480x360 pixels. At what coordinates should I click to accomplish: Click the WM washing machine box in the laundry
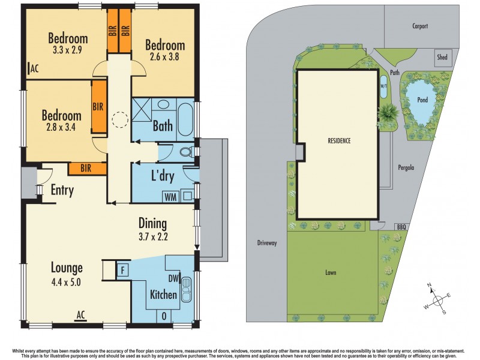[x=171, y=196]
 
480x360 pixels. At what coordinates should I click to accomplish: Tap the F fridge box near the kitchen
[x=123, y=269]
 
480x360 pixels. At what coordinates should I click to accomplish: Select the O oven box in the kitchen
[x=164, y=316]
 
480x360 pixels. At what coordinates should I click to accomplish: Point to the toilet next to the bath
[x=187, y=152]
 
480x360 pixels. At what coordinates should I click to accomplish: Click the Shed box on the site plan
[x=442, y=58]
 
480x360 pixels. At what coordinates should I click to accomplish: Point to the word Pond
[x=422, y=100]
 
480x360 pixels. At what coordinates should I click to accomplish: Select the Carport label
[x=420, y=26]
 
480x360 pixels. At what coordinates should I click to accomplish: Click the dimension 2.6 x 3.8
[x=164, y=58]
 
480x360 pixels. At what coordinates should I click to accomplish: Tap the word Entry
[x=62, y=191]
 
